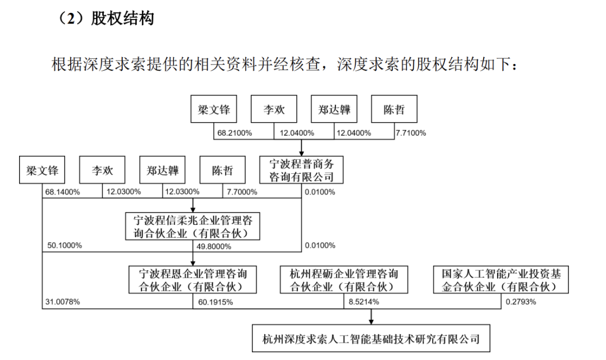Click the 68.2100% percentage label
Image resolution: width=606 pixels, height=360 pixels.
pos(234,133)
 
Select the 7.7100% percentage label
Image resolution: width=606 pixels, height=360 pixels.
pos(410,133)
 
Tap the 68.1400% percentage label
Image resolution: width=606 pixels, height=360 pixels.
pos(62,192)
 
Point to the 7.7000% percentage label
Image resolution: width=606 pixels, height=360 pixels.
pos(242,192)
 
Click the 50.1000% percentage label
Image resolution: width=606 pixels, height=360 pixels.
pos(65,245)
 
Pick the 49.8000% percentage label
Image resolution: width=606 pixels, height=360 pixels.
pos(214,246)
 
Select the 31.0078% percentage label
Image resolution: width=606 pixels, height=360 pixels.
pos(62,302)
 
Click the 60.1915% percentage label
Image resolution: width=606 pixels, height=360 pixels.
pos(215,302)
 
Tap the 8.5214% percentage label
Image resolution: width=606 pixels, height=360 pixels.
pos(364,302)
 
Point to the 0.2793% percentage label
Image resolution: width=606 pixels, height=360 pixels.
pos(521,302)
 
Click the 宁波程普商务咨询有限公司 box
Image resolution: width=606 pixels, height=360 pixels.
pos(301,170)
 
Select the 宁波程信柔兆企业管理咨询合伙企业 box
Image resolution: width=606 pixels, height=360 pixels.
pos(192,226)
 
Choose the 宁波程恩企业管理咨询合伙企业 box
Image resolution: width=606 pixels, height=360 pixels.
pos(192,280)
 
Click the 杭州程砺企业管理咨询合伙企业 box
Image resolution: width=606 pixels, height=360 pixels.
pos(343,280)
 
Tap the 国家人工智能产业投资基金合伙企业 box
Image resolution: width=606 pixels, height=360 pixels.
pos(501,280)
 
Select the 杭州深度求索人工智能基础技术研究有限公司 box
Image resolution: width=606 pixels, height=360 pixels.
pos(371,338)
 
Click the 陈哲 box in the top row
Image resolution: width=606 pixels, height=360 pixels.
pos(394,109)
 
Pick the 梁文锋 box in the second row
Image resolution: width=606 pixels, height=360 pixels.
pos(42,170)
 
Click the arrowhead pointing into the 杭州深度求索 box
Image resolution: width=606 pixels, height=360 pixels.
pos(371,321)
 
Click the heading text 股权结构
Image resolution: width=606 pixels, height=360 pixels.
pos(122,18)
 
